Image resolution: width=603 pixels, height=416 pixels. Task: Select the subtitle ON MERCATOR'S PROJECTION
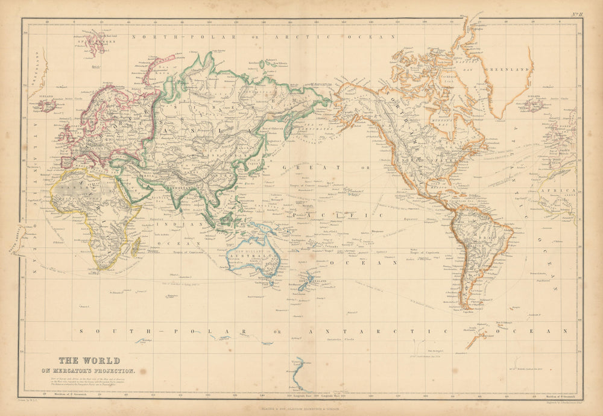point(92,371)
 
